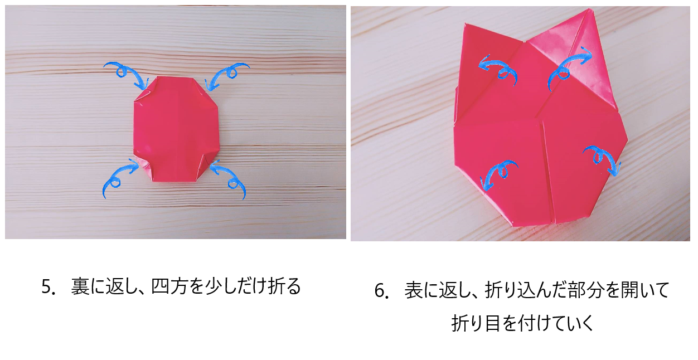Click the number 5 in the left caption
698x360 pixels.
tap(46, 287)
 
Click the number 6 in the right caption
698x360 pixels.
tap(380, 291)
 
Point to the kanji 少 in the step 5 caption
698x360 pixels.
tap(213, 286)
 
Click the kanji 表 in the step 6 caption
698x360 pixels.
tap(413, 290)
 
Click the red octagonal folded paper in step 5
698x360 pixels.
tap(177, 129)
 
